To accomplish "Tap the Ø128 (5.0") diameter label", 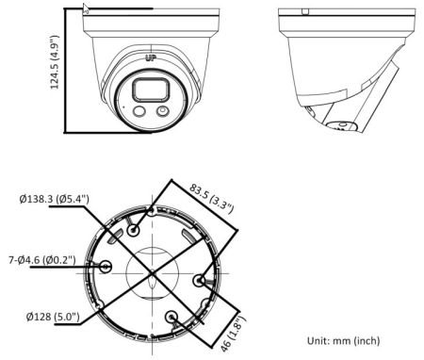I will pos(53,318).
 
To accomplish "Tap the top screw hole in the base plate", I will pos(137,229).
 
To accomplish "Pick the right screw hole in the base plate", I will pos(199,281).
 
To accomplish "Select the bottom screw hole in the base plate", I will pos(171,319).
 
